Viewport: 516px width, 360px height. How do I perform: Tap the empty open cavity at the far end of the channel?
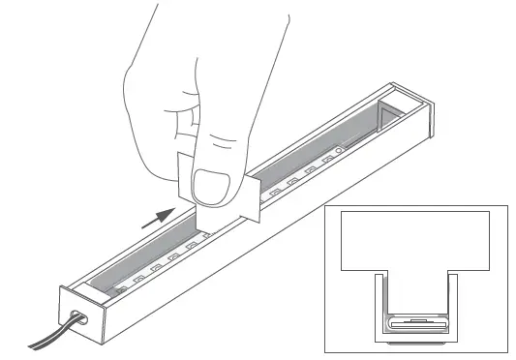[397, 116]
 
